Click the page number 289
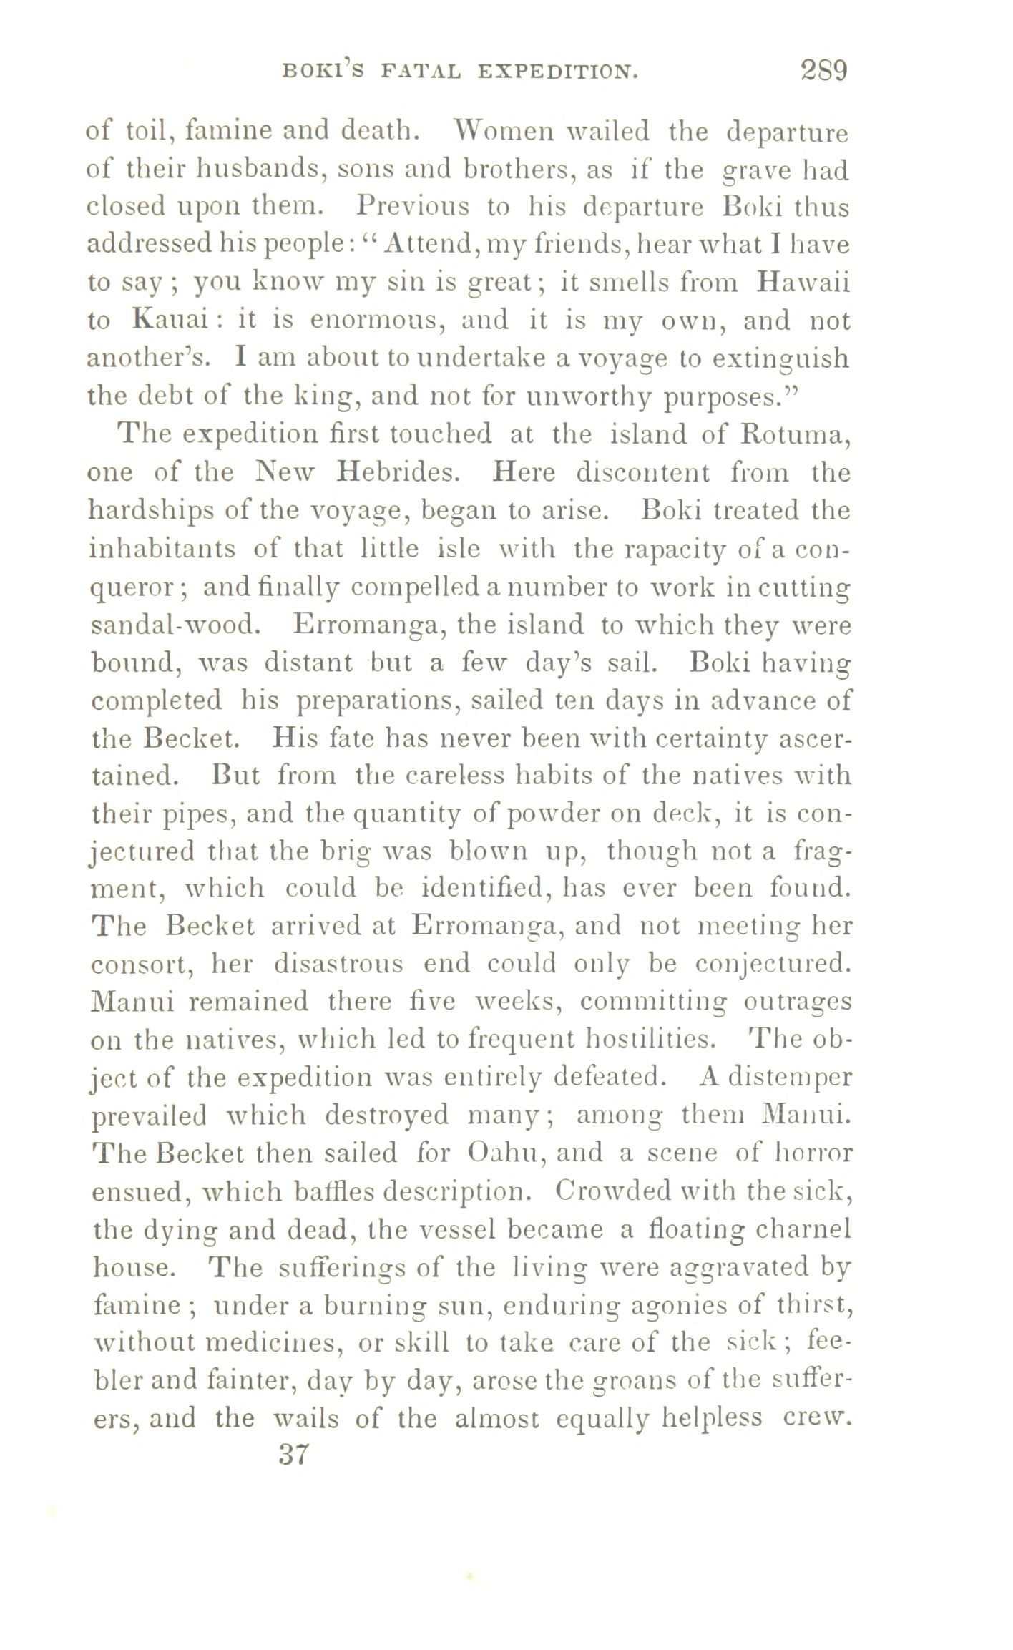point(823,72)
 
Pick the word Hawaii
point(803,282)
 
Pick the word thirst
point(811,1305)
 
